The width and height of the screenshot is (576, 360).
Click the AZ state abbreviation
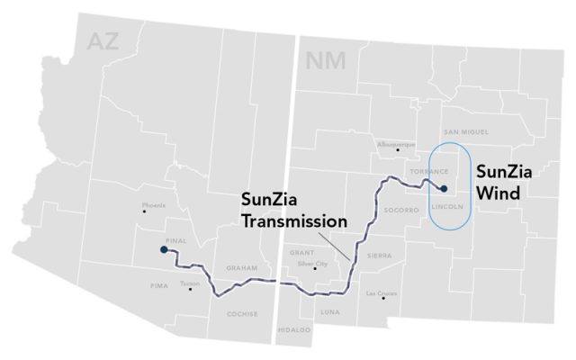point(100,40)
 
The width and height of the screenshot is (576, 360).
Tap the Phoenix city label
point(154,205)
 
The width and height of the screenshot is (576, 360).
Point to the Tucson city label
point(189,283)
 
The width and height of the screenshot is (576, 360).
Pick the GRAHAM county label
point(242,268)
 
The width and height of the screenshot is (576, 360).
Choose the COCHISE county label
point(243,314)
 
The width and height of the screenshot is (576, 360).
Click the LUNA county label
point(330,311)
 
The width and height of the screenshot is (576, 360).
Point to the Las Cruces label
point(378,293)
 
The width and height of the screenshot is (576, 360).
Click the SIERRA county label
point(379,256)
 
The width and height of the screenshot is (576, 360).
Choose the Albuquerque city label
point(396,144)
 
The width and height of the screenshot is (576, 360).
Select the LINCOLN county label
point(447,205)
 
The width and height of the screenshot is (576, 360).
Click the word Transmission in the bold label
point(287,220)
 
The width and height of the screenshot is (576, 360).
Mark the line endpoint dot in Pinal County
point(163,250)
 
